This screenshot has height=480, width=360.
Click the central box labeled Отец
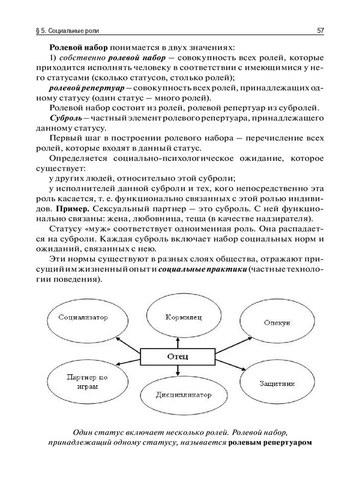point(178,356)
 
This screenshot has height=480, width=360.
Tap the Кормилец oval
point(178,316)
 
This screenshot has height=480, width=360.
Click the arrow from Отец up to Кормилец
point(178,340)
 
